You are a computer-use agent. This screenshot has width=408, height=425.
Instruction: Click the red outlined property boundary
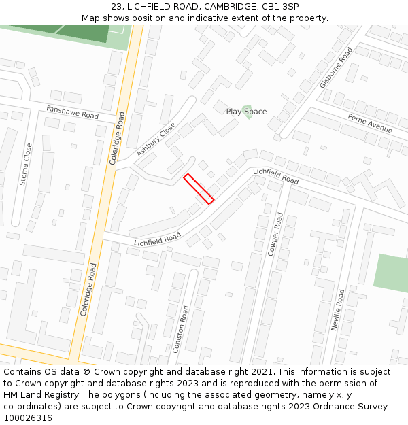coord(199,188)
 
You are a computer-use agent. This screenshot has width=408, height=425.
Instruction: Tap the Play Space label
coord(246,112)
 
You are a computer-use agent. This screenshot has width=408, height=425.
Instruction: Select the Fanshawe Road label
coord(72,112)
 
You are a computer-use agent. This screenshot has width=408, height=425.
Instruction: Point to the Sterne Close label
coord(25,164)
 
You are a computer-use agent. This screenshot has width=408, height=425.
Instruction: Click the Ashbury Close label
coord(156,139)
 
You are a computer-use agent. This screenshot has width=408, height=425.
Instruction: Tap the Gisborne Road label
coord(336,68)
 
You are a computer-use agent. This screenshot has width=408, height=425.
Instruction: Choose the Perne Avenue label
coord(370,124)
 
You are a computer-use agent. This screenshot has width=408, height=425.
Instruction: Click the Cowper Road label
coord(275,234)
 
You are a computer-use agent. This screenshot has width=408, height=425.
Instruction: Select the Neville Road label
coord(337,310)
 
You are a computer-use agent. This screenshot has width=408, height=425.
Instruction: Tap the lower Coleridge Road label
coord(88,289)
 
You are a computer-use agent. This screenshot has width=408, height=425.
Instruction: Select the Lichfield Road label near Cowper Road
coord(275,177)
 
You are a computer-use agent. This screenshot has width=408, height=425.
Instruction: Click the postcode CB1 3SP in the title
coord(280,7)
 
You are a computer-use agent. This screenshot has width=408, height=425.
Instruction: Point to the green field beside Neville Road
coord(392,279)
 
